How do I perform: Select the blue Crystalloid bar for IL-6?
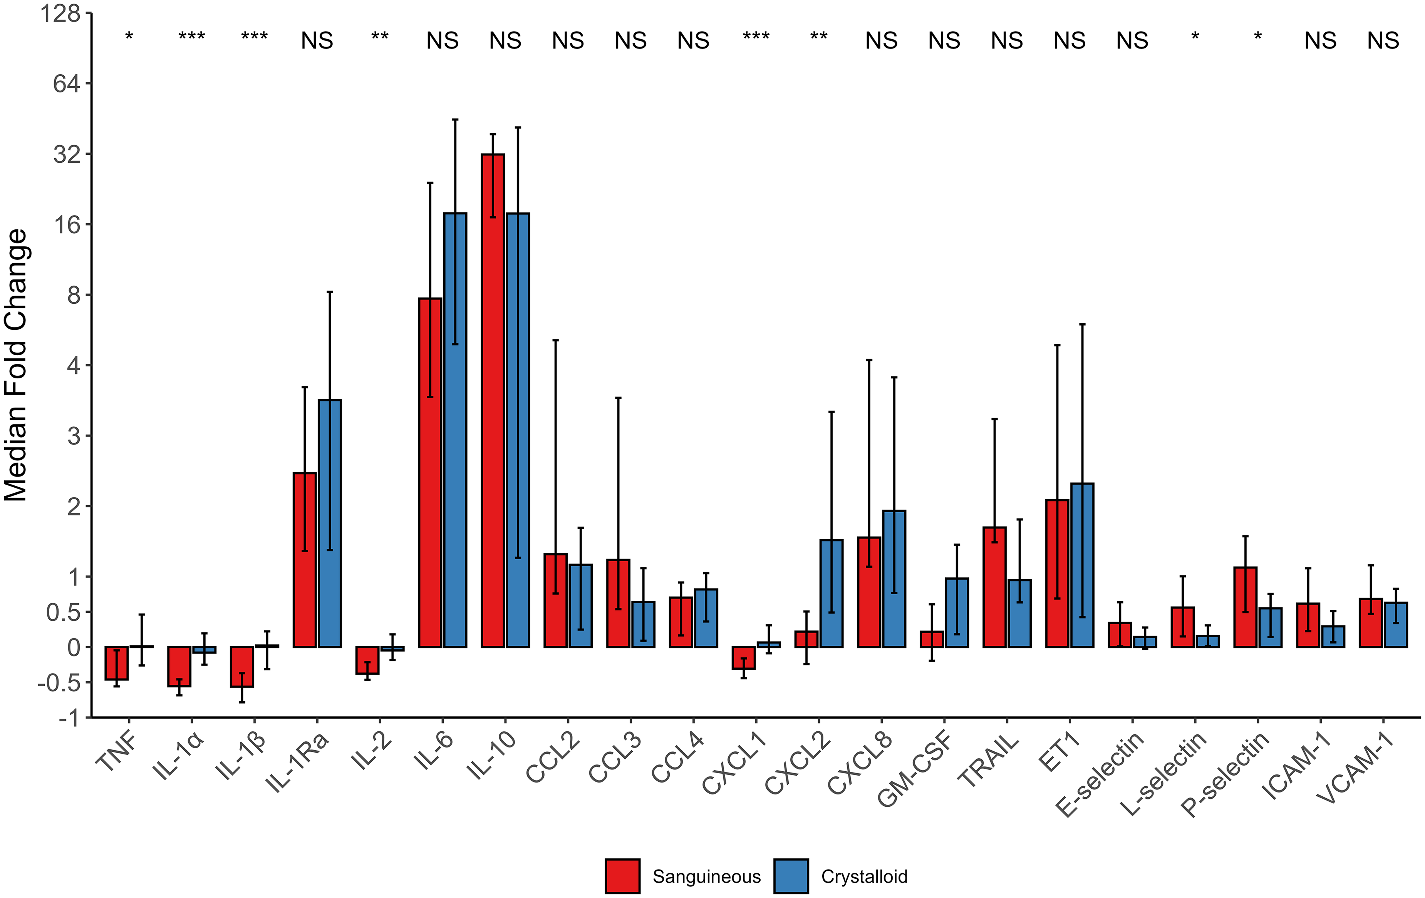click(455, 430)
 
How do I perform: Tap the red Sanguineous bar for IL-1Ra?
click(305, 560)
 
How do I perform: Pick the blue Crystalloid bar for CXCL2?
click(832, 594)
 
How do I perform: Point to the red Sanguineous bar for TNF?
click(117, 663)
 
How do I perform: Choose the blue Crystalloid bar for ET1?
click(1082, 565)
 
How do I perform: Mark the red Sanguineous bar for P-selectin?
click(1246, 607)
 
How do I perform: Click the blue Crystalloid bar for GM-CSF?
click(957, 612)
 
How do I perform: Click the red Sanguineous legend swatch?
click(622, 876)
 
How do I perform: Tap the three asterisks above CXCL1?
click(756, 37)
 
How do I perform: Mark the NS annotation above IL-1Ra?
click(317, 41)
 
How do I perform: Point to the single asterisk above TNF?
click(129, 37)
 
